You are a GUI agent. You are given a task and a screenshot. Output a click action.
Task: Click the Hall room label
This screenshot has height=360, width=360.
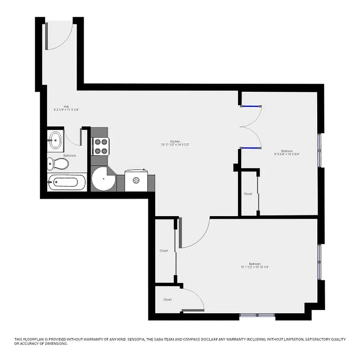[x=66, y=108]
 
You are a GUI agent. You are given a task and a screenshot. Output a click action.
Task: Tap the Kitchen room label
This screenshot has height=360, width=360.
[x=175, y=144]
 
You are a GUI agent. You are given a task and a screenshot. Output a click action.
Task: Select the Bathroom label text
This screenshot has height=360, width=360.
[x=69, y=156]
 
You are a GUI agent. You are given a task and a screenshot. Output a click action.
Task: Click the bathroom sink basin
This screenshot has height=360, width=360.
[x=55, y=140]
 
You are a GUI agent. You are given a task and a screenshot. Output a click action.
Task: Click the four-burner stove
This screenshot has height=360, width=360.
[x=100, y=146]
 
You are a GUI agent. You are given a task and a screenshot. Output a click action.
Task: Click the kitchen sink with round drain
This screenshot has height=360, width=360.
[x=137, y=180]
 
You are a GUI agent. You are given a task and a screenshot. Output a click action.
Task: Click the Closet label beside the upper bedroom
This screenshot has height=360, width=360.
[x=248, y=194]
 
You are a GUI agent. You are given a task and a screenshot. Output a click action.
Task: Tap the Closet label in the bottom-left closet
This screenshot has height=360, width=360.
[x=167, y=299]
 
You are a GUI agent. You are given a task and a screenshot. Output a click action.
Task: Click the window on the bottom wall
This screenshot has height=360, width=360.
[x=257, y=315]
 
